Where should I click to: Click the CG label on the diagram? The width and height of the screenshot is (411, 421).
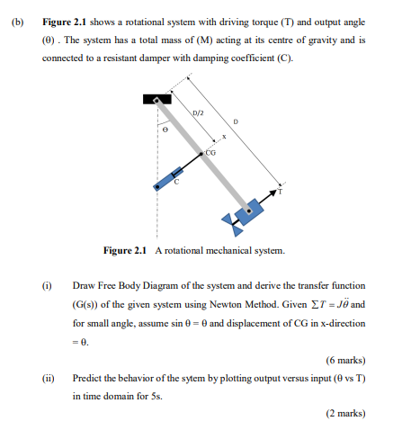(211, 153)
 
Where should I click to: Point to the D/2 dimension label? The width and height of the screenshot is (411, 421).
(198, 112)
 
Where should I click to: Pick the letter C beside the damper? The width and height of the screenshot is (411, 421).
(176, 183)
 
